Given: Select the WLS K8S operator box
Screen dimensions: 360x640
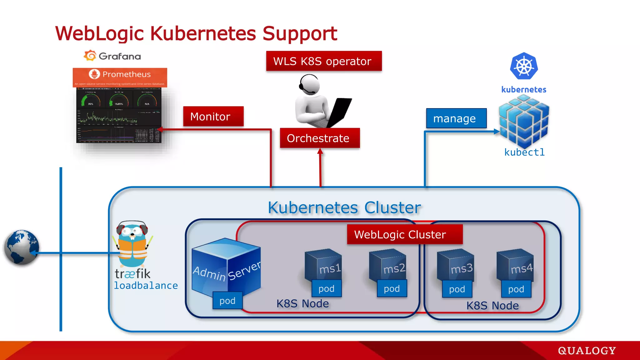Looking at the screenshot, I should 324,61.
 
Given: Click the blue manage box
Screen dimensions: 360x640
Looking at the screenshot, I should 456,118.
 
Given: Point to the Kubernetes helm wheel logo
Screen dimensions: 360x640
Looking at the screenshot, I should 524,66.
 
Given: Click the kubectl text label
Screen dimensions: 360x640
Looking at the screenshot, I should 524,152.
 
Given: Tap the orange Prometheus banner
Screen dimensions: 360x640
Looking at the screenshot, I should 120,77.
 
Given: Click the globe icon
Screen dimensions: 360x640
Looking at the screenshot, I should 21,247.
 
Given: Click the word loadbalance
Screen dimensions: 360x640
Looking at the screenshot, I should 146,286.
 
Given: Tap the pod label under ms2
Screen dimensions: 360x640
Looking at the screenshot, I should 392,289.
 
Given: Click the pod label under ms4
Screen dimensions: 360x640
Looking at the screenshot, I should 516,289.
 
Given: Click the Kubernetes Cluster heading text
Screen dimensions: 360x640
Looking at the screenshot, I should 344,207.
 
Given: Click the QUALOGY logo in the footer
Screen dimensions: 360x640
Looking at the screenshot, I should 587,351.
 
